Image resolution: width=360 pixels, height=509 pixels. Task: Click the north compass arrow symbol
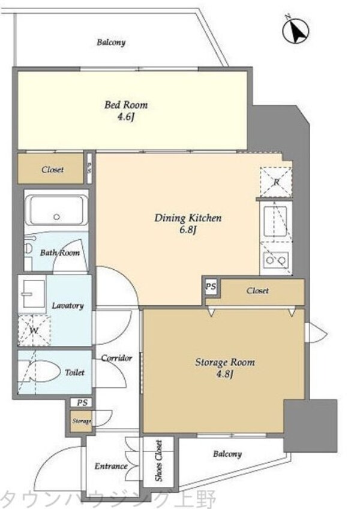pyautogui.click(x=296, y=31)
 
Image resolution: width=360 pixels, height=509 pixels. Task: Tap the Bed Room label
pyautogui.click(x=126, y=105)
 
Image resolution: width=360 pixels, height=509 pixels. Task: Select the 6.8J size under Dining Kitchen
pyautogui.click(x=188, y=230)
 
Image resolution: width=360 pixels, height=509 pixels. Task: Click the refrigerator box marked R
pyautogui.click(x=275, y=182)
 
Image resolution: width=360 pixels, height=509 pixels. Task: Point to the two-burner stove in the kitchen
pyautogui.click(x=275, y=260)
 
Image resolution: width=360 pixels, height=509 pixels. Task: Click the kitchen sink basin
pyautogui.click(x=275, y=222)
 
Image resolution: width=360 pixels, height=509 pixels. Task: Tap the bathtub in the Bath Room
pyautogui.click(x=56, y=210)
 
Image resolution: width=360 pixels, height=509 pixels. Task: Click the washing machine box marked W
pyautogui.click(x=34, y=330)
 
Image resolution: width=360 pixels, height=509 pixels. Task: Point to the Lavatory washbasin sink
pyautogui.click(x=32, y=294)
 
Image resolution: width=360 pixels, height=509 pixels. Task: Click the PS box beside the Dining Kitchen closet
pyautogui.click(x=211, y=287)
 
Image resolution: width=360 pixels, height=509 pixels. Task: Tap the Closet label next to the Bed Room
pyautogui.click(x=52, y=170)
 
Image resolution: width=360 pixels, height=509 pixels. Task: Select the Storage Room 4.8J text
pyautogui.click(x=225, y=368)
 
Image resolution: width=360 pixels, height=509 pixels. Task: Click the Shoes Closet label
pyautogui.click(x=158, y=460)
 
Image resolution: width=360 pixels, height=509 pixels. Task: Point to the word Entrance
pyautogui.click(x=111, y=466)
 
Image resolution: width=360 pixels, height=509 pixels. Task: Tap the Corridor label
pyautogui.click(x=116, y=358)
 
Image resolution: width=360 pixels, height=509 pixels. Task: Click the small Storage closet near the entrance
pyautogui.click(x=81, y=421)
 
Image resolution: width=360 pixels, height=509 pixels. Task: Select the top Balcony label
pyautogui.click(x=111, y=42)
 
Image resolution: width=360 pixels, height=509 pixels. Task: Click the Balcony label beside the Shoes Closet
pyautogui.click(x=227, y=454)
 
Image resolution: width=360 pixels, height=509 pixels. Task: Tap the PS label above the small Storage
pyautogui.click(x=82, y=402)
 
